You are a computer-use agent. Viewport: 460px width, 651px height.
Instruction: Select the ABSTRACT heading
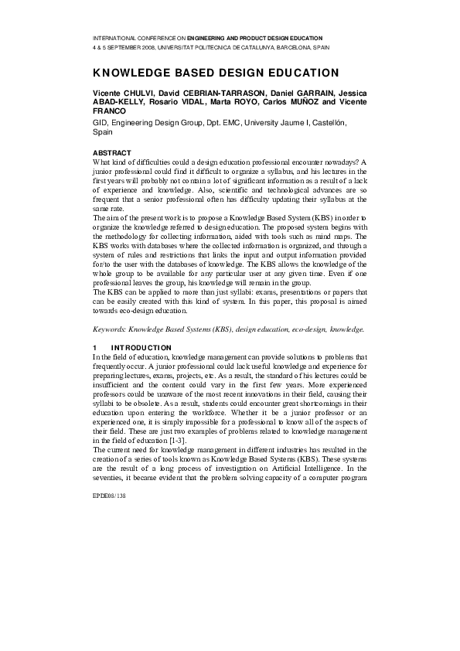pos(111,152)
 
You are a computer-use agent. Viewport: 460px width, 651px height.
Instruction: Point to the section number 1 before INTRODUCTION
pos(94,348)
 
